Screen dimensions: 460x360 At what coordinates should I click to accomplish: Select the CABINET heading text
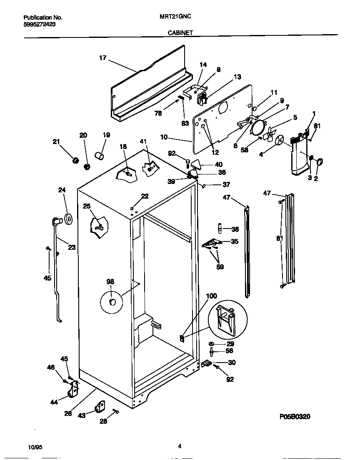tap(180, 32)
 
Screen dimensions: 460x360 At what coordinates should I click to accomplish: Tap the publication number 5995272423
tap(39, 24)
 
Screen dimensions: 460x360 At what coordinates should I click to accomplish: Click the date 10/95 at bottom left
tap(36, 447)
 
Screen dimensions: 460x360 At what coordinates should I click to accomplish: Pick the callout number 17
tap(103, 58)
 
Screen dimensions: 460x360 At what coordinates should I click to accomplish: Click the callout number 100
tap(212, 296)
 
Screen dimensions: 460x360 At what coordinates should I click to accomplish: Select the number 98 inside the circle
tap(110, 282)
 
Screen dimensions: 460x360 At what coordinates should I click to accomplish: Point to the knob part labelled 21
tap(76, 160)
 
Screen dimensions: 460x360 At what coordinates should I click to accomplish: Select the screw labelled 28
tap(116, 411)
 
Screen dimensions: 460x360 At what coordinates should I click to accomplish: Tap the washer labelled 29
tap(212, 344)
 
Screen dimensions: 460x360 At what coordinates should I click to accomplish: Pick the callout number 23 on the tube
tap(72, 247)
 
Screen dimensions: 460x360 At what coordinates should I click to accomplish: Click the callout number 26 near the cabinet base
tap(68, 413)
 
